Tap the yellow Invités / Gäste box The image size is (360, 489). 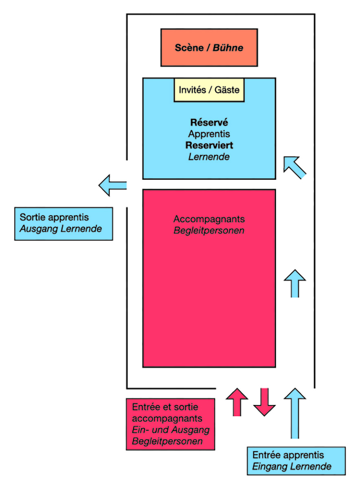pyautogui.click(x=209, y=90)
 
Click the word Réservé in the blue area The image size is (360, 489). pyautogui.click(x=209, y=122)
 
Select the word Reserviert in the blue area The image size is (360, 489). pyautogui.click(x=209, y=145)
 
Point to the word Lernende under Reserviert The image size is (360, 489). pyautogui.click(x=209, y=156)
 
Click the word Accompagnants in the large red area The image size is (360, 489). pyautogui.click(x=209, y=219)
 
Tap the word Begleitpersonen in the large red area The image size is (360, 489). pyautogui.click(x=209, y=231)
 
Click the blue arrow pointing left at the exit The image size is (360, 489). pyautogui.click(x=112, y=185)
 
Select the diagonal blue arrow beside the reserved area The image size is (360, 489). pyautogui.click(x=294, y=167)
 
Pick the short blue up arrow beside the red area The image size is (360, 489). pyautogui.click(x=294, y=283)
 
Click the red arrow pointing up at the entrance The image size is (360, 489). pyautogui.click(x=237, y=402)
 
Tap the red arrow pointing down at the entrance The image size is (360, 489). pyautogui.click(x=265, y=402)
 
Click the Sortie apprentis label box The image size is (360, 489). pyautogui.click(x=64, y=224)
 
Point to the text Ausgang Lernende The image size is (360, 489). pyautogui.click(x=61, y=229)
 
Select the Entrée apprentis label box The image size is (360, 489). pyautogui.click(x=296, y=461)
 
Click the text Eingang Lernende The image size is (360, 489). pyautogui.click(x=292, y=467)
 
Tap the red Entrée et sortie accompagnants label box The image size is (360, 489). pyautogui.click(x=171, y=424)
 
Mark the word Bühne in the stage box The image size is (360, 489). pyautogui.click(x=229, y=48)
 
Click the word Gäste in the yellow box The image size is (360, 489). pyautogui.click(x=227, y=90)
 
